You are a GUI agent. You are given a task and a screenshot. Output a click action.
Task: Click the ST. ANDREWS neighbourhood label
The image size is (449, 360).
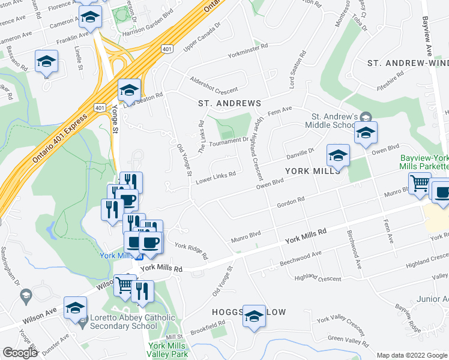coord(230,103)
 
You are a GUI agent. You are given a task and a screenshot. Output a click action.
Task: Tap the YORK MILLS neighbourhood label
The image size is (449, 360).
coord(312,170)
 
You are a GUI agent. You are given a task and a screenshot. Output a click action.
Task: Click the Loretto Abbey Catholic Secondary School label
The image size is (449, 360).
coord(132,322)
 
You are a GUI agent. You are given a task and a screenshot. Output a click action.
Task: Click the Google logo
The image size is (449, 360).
coord(20,353)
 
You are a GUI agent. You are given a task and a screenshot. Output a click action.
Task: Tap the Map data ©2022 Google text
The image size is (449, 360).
coord(412,355)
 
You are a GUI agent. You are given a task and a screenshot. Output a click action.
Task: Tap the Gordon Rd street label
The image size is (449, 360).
coord(291,203)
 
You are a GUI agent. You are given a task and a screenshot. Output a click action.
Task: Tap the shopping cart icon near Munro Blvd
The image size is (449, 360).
coord(420,184)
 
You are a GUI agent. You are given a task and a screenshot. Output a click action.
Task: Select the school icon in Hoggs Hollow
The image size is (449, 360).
coord(255,316)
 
